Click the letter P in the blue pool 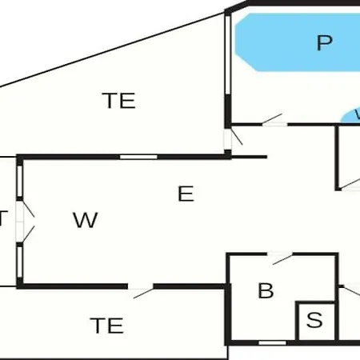[323, 42]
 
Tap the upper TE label [119, 101]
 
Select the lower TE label [106, 326]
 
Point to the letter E [186, 194]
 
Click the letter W [85, 220]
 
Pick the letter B [266, 290]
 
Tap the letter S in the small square [314, 321]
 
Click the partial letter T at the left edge [4, 218]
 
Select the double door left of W [25, 220]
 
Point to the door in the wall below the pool [273, 121]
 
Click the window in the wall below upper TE [138, 156]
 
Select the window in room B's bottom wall [273, 342]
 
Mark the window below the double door [18, 257]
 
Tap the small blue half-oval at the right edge [352, 117]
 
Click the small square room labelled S [314, 321]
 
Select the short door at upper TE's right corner [233, 139]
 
